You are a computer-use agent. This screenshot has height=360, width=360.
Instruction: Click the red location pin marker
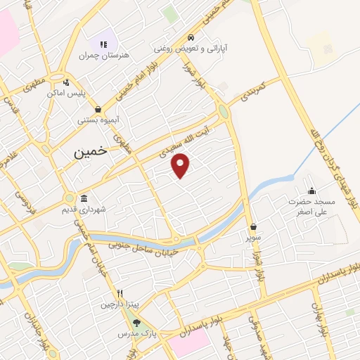click(x=181, y=165)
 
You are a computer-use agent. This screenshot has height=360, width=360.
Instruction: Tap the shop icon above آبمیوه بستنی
click(x=96, y=109)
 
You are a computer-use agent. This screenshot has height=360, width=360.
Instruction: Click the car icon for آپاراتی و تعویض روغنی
click(x=191, y=38)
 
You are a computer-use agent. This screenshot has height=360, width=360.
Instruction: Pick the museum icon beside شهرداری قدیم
click(x=84, y=198)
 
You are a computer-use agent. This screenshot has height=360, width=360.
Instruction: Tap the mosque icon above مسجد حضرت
click(x=311, y=190)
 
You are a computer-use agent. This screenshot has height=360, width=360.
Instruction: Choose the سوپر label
click(x=253, y=238)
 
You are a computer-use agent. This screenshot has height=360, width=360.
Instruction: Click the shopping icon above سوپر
click(x=253, y=227)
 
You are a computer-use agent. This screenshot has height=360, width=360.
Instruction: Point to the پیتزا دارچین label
click(x=115, y=304)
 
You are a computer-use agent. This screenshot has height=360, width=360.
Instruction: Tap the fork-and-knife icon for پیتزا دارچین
click(x=120, y=293)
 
